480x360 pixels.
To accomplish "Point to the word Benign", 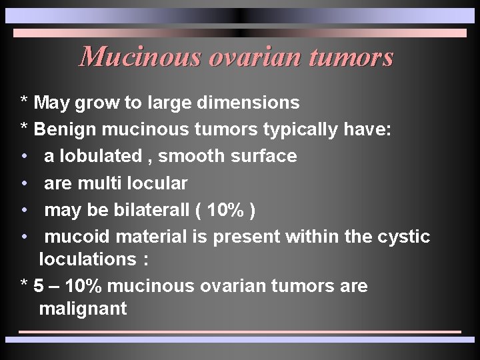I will pos(64,129).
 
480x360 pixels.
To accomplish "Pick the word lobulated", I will pos(97,156).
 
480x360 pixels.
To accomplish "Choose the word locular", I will pos(159,183).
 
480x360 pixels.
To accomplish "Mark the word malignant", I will pos(83,309).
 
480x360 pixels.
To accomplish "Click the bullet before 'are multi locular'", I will pos(24,183).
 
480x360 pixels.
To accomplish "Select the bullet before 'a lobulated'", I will pos(24,157).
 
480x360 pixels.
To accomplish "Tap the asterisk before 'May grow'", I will pos(24,103).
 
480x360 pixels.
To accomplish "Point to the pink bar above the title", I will pos(240,33).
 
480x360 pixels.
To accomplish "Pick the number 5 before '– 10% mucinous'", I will pos(39,286).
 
